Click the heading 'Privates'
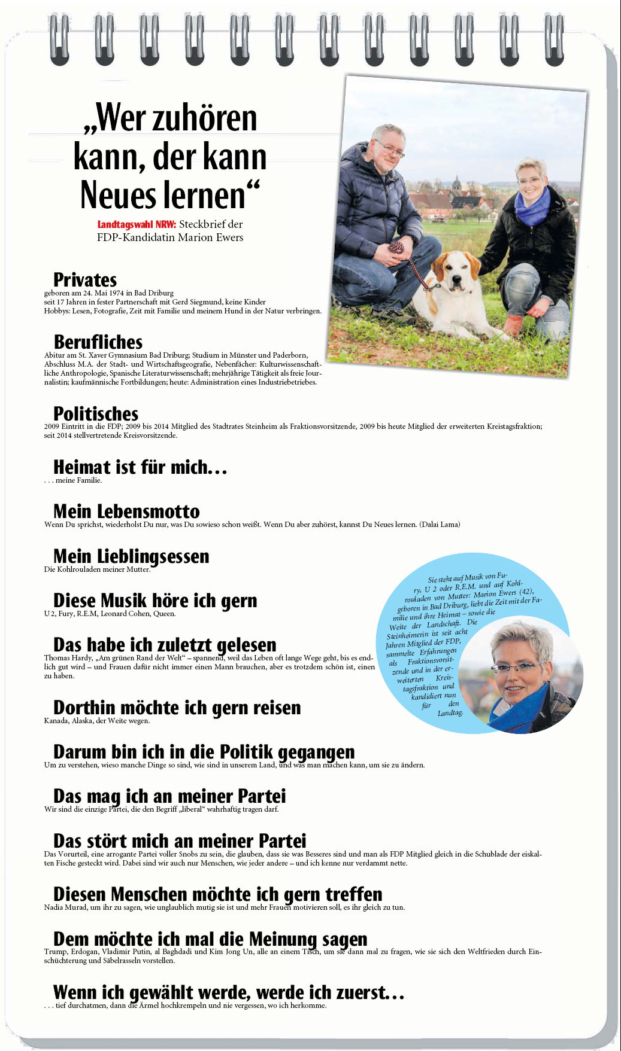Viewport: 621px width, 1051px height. click(x=85, y=279)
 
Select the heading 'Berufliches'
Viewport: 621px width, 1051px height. click(x=98, y=342)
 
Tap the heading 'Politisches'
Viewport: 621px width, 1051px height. click(x=96, y=413)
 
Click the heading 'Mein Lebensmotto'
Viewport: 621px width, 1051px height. click(x=126, y=511)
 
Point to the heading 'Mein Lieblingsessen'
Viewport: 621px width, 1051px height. click(x=131, y=556)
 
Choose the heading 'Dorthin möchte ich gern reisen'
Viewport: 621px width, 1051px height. click(x=177, y=708)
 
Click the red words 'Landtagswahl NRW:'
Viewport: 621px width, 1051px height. click(x=137, y=224)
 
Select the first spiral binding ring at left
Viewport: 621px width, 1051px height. click(x=59, y=39)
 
